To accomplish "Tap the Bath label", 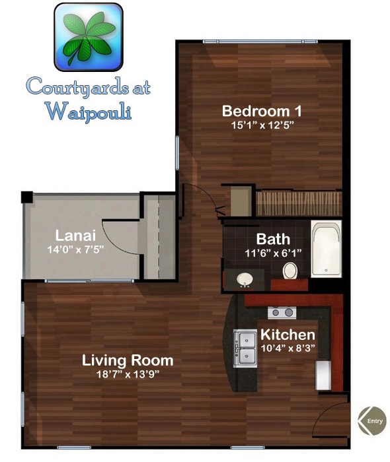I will pyautogui.click(x=273, y=238).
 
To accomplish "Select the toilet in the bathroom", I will pyautogui.click(x=290, y=270).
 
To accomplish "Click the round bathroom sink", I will pyautogui.click(x=246, y=279).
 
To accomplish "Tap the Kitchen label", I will pyautogui.click(x=287, y=334).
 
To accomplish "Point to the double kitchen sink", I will pyautogui.click(x=246, y=347).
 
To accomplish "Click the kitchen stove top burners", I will pyautogui.click(x=281, y=312).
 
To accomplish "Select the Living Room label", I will pyautogui.click(x=128, y=360).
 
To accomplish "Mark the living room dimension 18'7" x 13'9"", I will pyautogui.click(x=128, y=374).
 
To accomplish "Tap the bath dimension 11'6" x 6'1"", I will pyautogui.click(x=273, y=252).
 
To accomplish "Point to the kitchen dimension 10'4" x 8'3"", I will pyautogui.click(x=287, y=348).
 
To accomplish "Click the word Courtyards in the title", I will pyautogui.click(x=88, y=87).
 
